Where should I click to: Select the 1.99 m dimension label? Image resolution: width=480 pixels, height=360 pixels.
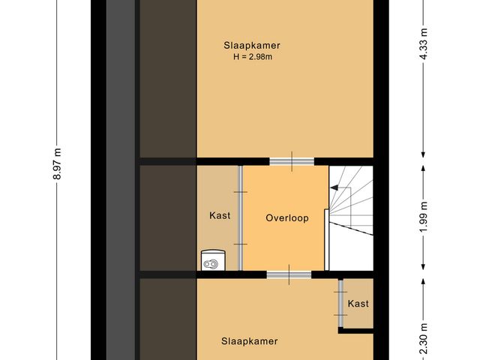point(424,217)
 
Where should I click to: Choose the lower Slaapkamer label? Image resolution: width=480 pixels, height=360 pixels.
point(249,341)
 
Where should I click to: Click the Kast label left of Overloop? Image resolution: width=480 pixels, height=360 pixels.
point(219,216)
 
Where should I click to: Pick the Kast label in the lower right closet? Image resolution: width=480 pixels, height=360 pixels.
point(358,304)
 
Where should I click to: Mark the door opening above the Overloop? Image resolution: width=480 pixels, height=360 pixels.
point(292,161)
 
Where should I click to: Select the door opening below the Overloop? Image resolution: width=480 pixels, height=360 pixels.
point(289,274)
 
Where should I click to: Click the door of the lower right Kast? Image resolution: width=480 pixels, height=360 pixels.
point(341,304)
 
